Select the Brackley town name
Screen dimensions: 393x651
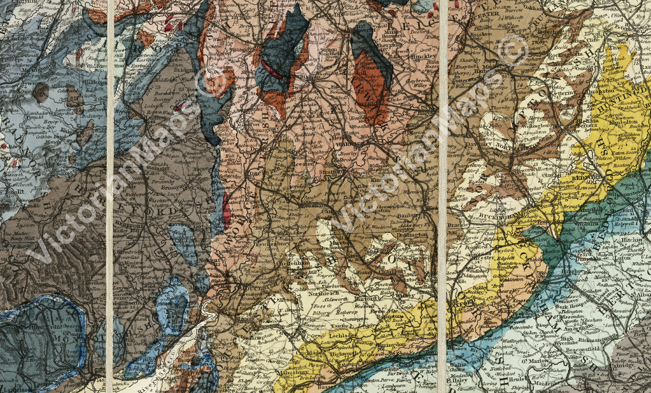click(x=456, y=225)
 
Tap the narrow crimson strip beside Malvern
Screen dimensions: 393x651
click(x=226, y=210)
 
